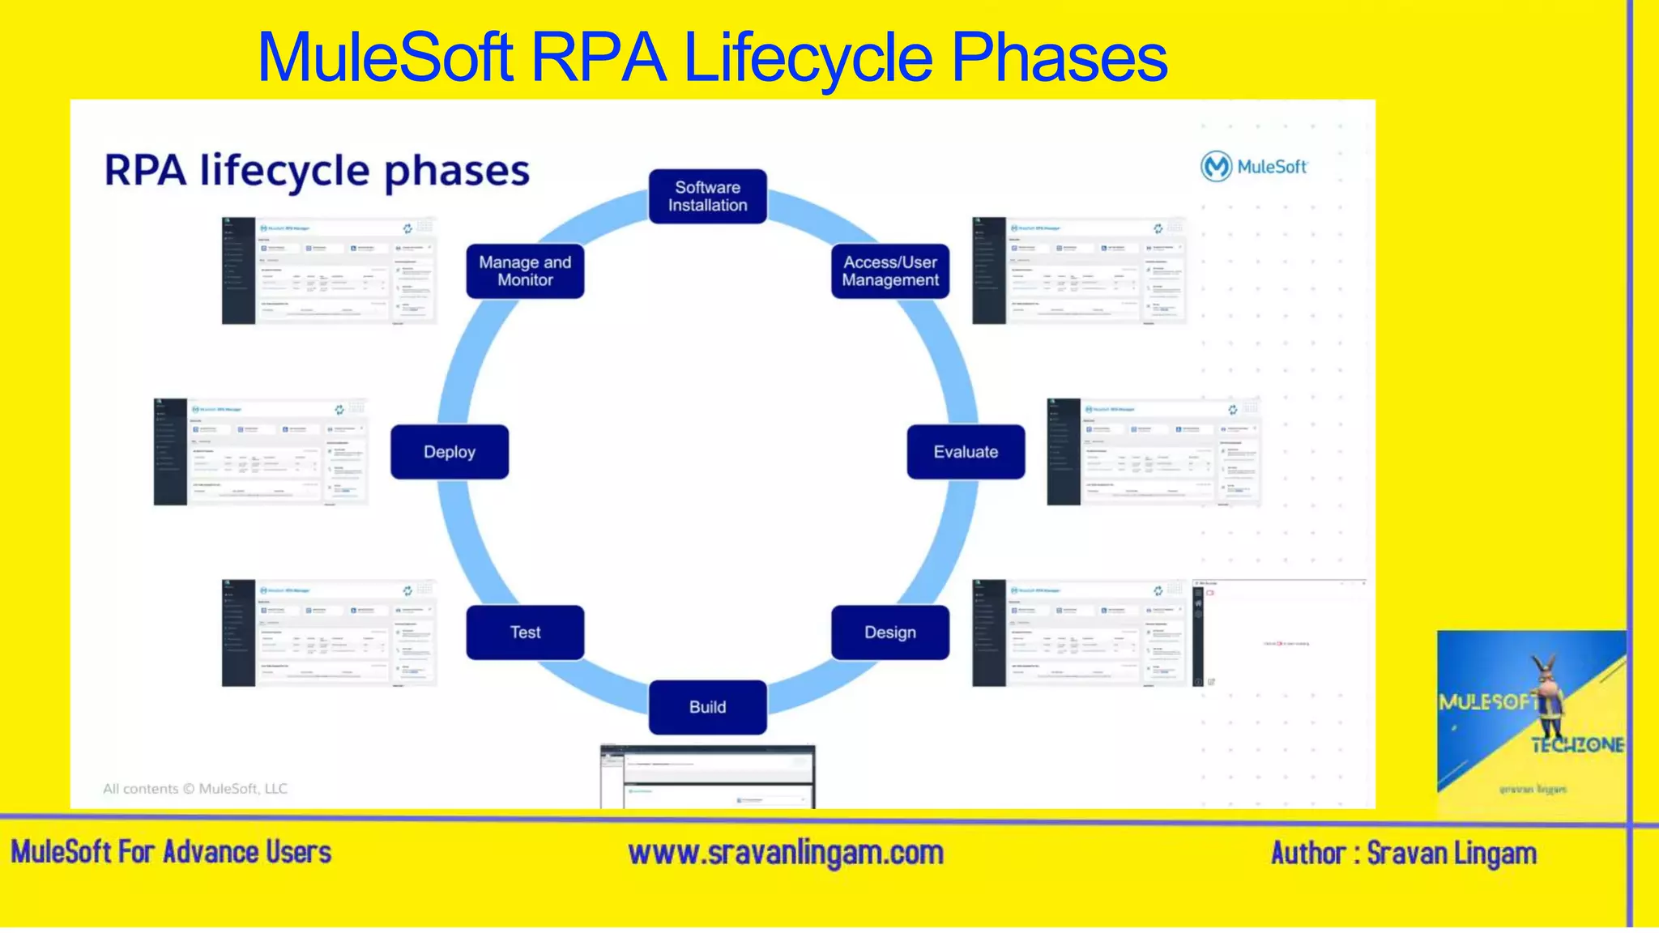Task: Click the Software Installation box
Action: click(707, 196)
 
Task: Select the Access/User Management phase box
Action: click(889, 271)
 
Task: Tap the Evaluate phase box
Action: click(965, 452)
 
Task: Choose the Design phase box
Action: click(889, 633)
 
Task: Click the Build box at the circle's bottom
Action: click(707, 707)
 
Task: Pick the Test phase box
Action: click(525, 633)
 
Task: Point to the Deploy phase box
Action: click(450, 452)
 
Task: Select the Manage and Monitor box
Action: click(525, 271)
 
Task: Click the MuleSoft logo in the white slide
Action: click(1253, 167)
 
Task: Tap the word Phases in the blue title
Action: click(1058, 58)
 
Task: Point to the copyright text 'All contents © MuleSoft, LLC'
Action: click(194, 789)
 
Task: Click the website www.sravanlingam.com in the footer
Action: click(785, 853)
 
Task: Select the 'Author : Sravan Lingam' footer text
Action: click(1403, 854)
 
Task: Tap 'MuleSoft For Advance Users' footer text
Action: click(171, 853)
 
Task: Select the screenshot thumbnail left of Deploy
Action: click(261, 452)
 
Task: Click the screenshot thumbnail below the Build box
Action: click(707, 776)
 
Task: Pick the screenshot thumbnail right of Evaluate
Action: click(1154, 452)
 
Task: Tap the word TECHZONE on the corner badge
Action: click(1576, 745)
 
